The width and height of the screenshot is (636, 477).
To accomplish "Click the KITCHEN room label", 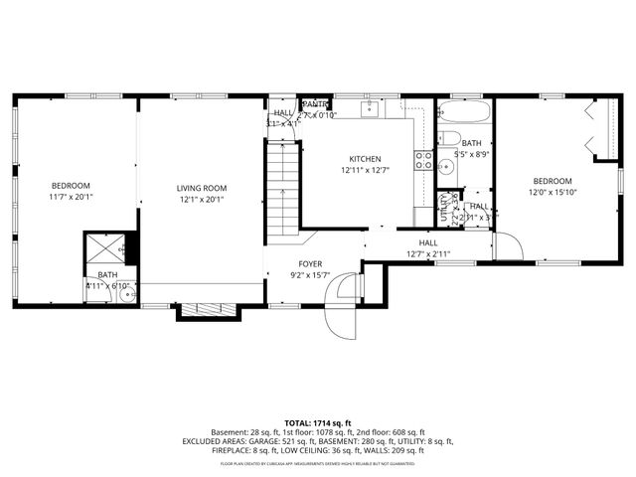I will tap(364, 159).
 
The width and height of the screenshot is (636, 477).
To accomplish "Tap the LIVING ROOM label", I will tap(202, 188).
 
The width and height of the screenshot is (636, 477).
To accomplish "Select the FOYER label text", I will tap(311, 264).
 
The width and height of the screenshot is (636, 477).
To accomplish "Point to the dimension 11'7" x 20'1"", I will tap(71, 198).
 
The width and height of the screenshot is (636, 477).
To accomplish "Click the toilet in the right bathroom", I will tap(448, 139).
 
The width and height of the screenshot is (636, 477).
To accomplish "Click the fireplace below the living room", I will tap(208, 310).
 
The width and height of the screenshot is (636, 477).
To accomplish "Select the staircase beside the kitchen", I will tap(282, 189).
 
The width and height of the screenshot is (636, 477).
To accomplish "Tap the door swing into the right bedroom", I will tap(507, 244).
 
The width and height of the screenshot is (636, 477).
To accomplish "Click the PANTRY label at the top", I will tap(316, 103).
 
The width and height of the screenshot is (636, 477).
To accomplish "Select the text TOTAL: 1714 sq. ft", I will tap(318, 421).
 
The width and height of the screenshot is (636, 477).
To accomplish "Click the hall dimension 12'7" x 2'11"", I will tap(427, 253).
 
